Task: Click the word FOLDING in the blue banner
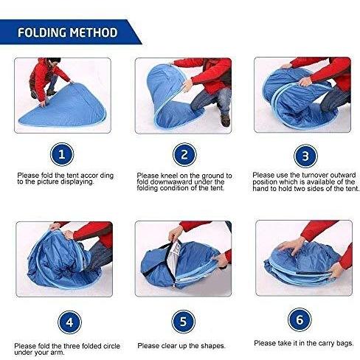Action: point(41,32)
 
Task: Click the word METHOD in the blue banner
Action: point(94,32)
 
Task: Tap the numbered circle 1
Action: point(62,154)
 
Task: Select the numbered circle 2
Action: point(184,155)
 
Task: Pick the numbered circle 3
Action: point(305,156)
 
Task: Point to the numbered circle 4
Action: point(69,322)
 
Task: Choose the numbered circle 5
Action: point(184,322)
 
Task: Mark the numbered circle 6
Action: point(300,319)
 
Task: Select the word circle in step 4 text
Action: point(111,346)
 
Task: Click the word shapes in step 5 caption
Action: point(212,346)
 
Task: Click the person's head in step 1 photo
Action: point(54,61)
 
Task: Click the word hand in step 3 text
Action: point(260,189)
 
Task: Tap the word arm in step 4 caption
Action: point(59,353)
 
